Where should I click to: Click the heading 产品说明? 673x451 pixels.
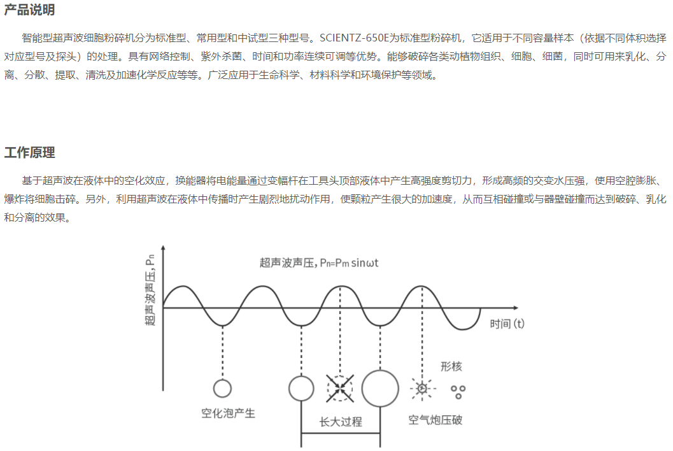pos(30,10)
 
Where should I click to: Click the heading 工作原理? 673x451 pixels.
pos(30,152)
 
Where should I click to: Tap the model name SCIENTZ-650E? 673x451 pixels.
pos(354,38)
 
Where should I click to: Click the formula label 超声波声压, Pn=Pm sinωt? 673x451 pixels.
pos(319,263)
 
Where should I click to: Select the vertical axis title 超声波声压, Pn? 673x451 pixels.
pos(150,290)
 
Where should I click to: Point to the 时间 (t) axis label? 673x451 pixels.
pos(507,324)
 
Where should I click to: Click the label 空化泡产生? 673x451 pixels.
pos(228,413)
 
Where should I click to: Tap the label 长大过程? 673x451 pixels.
pos(341,422)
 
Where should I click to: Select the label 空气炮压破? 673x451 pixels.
pos(436,420)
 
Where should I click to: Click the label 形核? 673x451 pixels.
pos(451,366)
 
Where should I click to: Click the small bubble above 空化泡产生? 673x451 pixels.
pos(222,389)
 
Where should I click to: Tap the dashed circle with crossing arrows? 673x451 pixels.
pos(340,389)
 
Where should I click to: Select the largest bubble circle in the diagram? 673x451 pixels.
pos(380,389)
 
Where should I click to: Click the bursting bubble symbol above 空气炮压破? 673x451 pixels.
pos(422,389)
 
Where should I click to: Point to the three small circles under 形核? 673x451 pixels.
pos(458,391)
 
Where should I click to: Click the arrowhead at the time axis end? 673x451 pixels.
pos(516,308)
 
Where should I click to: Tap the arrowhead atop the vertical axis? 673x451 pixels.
pos(163,248)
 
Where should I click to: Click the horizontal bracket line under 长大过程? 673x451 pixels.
pos(341,433)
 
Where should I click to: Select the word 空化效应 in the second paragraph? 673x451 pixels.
pos(145,181)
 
